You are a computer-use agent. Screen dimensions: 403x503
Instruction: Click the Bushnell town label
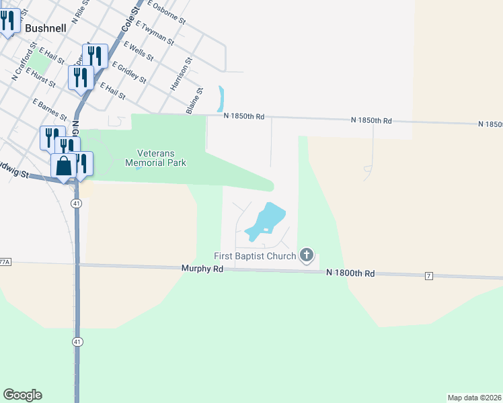pos(46,29)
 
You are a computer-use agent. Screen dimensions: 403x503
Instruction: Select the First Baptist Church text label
pos(255,256)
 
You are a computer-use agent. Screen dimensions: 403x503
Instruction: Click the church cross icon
pos(307,255)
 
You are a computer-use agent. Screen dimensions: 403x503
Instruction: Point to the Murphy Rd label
pos(202,268)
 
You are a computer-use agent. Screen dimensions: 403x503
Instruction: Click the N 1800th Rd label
pos(350,273)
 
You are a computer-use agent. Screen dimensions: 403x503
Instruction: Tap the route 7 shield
pos(428,276)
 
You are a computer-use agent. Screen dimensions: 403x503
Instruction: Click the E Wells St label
pos(140,52)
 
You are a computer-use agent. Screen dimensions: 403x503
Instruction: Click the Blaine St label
pos(194,101)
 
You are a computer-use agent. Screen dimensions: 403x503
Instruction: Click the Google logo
pos(22,395)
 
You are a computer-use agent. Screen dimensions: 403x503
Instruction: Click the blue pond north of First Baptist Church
pos(266,221)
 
